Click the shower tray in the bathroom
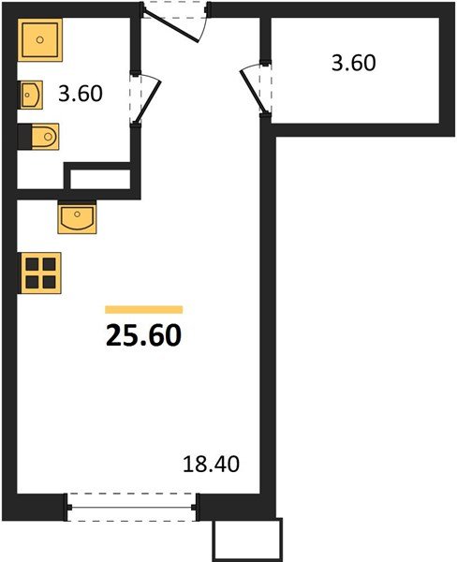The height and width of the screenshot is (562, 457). pos(39,39)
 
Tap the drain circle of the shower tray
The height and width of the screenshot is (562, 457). pos(39,39)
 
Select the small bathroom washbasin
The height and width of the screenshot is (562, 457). pos(31,95)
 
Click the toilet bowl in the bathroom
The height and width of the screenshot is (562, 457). pos(45,137)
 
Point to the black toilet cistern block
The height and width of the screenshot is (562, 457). pos(24,137)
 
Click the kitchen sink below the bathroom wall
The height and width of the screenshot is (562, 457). pos(77,217)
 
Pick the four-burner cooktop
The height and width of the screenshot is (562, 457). pos(40,274)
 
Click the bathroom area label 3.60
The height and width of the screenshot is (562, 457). pos(81,94)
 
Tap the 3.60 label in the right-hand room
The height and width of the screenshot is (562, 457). pos(353,63)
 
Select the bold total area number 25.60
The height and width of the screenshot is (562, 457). pos(143,335)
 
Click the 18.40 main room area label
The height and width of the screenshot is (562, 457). pos(211,465)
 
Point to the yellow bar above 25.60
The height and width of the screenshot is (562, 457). pos(143,309)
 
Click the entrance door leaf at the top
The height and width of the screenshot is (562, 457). pos(170,26)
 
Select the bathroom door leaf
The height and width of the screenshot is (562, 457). pos(147,102)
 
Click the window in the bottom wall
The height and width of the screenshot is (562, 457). pos(131,507)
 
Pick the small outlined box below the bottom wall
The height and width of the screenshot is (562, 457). pos(248,540)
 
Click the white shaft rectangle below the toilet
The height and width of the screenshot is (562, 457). pos(100,179)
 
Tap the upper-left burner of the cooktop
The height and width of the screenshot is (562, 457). pos(32,264)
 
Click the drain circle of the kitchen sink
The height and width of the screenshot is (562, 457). pos(77,214)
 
